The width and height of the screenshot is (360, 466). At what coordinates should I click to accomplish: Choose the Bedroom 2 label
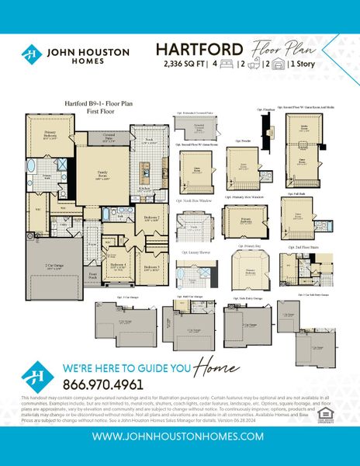coord(152,217)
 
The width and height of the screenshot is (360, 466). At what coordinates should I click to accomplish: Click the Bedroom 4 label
coord(118,265)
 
